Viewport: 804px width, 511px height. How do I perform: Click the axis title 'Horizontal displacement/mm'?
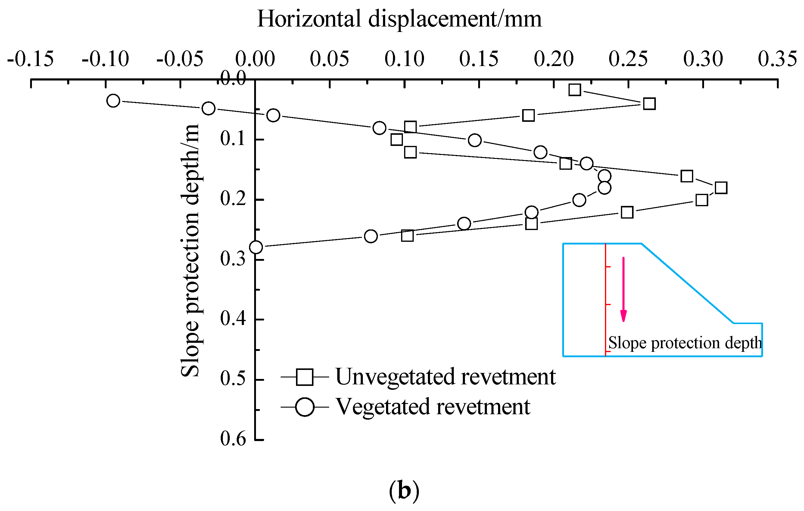[399, 19]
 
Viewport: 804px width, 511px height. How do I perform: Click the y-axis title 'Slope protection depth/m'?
[190, 251]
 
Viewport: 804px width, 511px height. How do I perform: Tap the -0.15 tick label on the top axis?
[30, 59]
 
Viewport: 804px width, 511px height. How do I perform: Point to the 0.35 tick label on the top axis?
[777, 59]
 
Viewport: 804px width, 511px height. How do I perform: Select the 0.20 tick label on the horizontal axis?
[553, 59]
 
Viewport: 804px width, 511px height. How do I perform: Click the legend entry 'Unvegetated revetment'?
[445, 377]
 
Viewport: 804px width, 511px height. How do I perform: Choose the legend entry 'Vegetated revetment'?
[433, 407]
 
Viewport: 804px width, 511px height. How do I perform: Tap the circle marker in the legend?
[305, 407]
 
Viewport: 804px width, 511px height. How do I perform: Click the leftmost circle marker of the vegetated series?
[113, 101]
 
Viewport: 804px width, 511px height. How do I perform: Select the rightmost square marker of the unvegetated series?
[721, 188]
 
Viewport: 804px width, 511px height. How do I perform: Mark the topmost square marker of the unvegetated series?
[575, 90]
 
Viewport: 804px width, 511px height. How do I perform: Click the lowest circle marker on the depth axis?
[256, 247]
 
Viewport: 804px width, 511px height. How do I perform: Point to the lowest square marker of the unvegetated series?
[407, 236]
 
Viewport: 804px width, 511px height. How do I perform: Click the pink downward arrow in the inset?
[623, 289]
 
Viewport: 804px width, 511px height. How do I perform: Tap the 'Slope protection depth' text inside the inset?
[685, 343]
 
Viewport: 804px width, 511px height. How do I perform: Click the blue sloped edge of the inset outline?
[687, 283]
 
